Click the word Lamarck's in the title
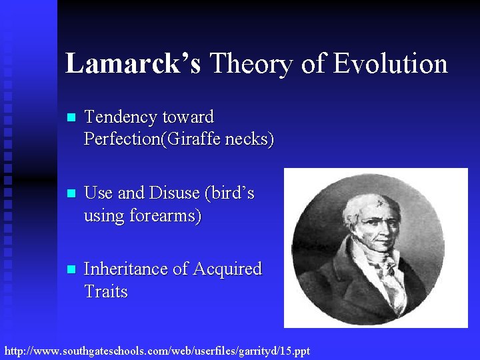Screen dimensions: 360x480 (x=133, y=64)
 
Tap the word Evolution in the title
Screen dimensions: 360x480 (x=390, y=64)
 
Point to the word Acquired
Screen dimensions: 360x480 (x=227, y=269)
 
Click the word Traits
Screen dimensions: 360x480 (x=105, y=292)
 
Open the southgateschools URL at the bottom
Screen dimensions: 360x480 (x=157, y=350)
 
